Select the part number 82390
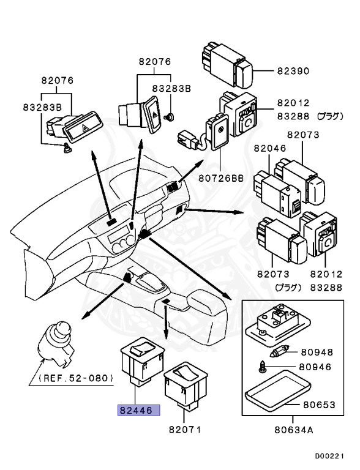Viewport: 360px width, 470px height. point(293,71)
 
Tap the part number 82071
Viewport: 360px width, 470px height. point(185,430)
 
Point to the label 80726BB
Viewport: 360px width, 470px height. point(221,178)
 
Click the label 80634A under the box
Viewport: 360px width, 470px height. point(294,430)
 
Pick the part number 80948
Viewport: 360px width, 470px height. point(317,352)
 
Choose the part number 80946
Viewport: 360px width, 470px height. point(315,367)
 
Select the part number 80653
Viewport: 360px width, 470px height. point(319,405)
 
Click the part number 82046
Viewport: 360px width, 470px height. point(270,148)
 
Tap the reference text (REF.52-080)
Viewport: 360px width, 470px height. point(76,378)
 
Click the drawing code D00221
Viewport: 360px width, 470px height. point(329,456)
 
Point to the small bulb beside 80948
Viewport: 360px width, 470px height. point(279,351)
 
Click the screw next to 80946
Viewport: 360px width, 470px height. point(261,367)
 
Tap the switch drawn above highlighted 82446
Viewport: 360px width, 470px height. point(142,361)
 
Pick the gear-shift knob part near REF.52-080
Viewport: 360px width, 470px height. point(56,344)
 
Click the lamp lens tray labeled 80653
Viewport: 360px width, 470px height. point(277,390)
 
